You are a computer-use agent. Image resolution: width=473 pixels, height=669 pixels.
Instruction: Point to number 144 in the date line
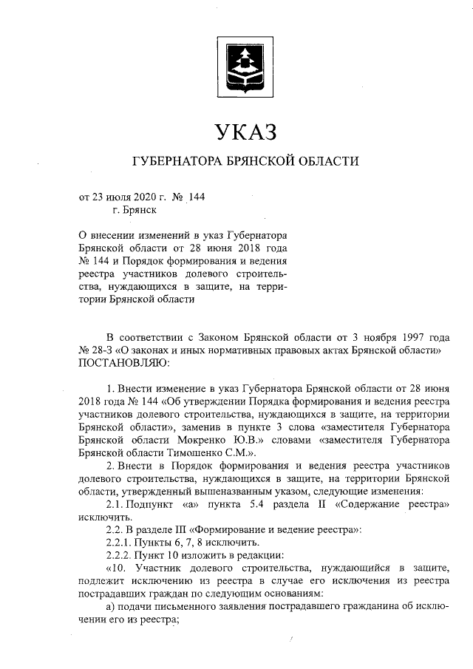point(197,197)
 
